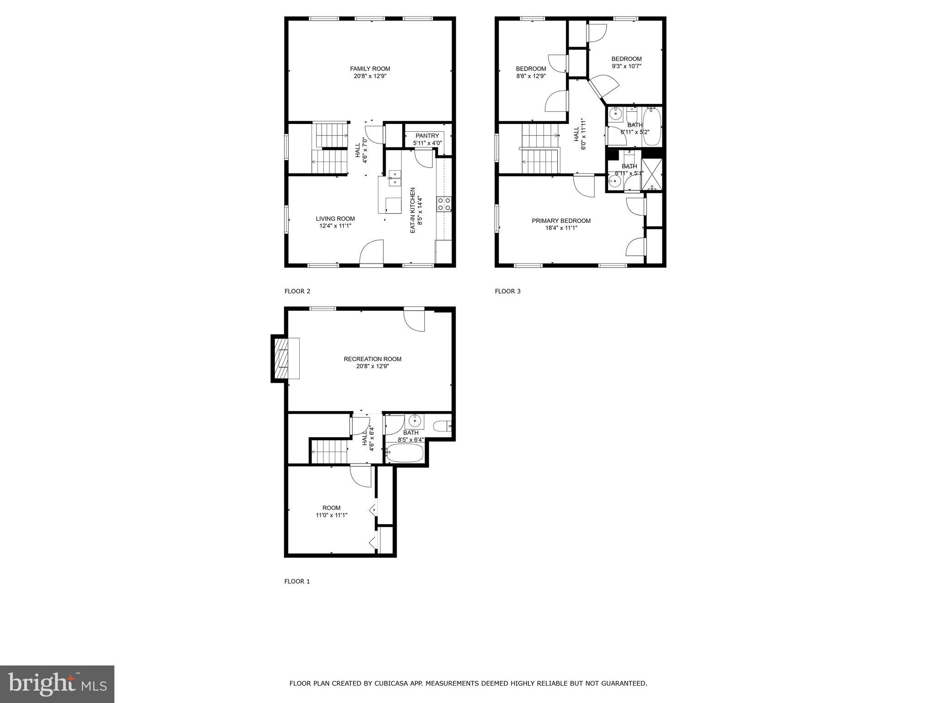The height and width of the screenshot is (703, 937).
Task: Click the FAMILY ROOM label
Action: coord(370,69)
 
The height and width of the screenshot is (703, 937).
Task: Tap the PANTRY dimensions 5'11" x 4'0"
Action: coord(427,143)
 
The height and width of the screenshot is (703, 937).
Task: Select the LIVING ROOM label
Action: coord(335,219)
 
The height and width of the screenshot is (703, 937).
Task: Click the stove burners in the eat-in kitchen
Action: coord(444,204)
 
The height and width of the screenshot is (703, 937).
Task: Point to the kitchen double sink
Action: coord(394,178)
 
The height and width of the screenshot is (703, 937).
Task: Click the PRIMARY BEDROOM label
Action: coord(561,221)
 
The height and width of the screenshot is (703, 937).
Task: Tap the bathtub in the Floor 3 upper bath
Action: coord(652,126)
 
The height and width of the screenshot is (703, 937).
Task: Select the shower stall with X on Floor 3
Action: coord(652,174)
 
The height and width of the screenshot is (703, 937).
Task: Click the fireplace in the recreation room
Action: coord(280,358)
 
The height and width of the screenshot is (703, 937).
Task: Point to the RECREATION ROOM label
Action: coord(372,359)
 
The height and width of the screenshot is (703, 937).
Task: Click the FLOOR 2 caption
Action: coord(297,291)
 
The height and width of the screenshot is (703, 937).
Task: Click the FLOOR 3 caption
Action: coord(507,291)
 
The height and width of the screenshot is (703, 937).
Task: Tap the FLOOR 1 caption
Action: coord(297,581)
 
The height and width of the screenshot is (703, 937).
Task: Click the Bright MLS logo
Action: coord(57,684)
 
